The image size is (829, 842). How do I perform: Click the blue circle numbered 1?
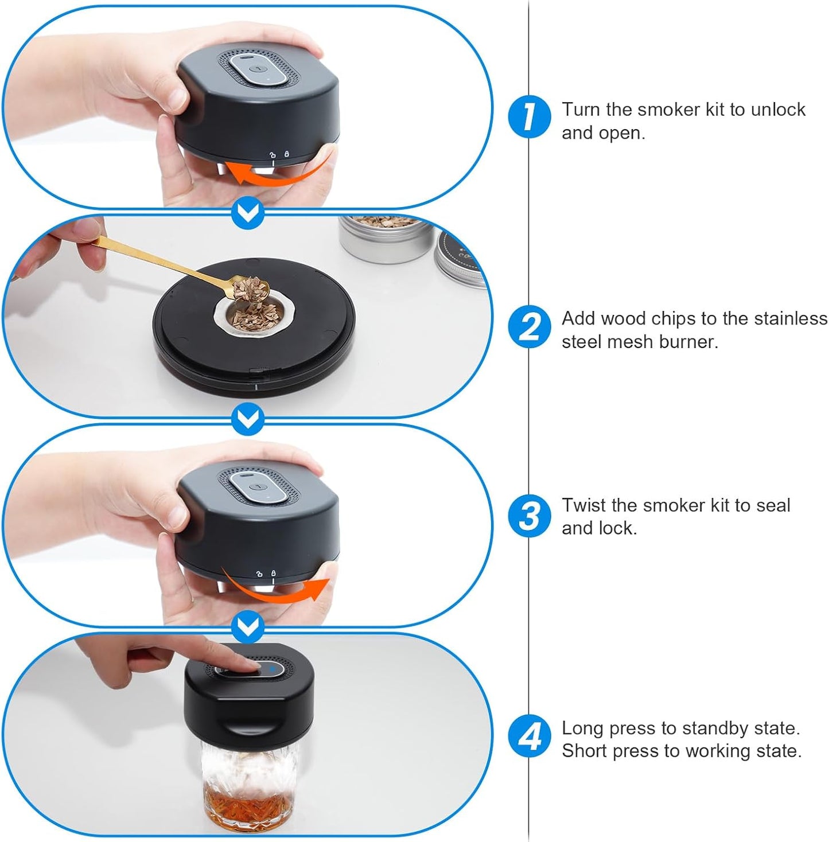(x=529, y=116)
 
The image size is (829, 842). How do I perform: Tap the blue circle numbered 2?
(x=529, y=326)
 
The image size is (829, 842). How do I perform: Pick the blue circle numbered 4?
(x=529, y=736)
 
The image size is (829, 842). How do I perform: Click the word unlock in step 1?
(x=778, y=109)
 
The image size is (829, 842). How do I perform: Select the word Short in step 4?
(x=584, y=751)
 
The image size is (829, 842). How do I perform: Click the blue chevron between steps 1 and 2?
(x=248, y=212)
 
